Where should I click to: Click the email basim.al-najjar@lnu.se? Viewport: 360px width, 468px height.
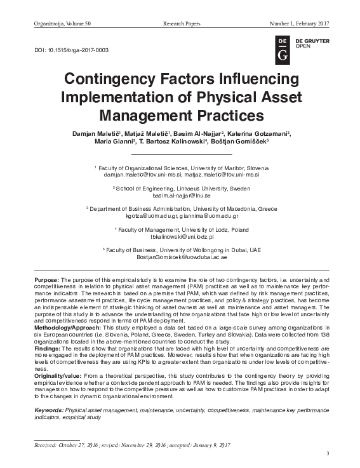(x=181, y=196)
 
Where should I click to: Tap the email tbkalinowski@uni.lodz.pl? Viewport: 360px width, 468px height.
(x=181, y=236)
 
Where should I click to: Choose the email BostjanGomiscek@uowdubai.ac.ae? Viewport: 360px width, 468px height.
(x=181, y=257)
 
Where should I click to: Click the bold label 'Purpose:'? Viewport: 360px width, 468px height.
(x=47, y=280)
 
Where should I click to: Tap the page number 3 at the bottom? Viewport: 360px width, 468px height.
(x=328, y=453)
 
